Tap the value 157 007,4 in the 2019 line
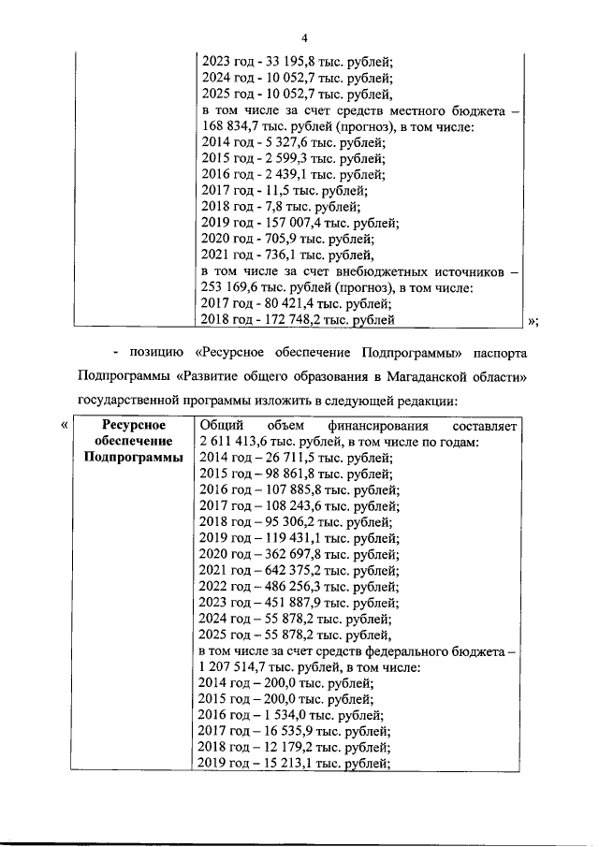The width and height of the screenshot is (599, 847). [292, 223]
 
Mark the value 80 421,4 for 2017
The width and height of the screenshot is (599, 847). [286, 303]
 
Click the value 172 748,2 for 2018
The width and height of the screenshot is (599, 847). [291, 320]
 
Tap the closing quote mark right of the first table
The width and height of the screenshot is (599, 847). [533, 322]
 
